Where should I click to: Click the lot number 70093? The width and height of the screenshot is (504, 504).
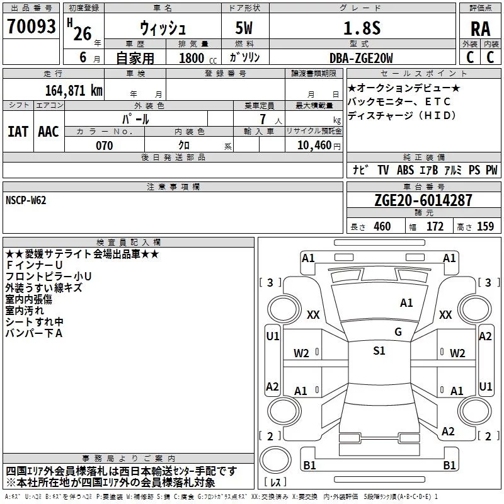coord(31,26)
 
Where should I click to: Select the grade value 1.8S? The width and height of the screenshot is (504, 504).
coord(362,28)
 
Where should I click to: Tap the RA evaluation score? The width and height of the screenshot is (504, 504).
coord(480,29)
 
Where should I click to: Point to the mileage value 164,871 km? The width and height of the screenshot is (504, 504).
coord(74,91)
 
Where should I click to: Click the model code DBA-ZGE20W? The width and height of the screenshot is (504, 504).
coord(361,58)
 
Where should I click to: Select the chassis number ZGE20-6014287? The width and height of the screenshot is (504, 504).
coord(423,200)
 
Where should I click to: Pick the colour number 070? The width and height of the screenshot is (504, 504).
coord(105,146)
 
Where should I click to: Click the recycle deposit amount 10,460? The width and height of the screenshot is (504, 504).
coord(314,145)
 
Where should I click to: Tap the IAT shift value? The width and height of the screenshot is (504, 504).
coord(18,132)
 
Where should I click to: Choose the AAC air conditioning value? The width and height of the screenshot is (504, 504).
coord(49,132)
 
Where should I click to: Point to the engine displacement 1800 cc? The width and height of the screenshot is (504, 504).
coord(198,58)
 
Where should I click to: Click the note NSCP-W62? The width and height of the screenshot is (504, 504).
coord(26,200)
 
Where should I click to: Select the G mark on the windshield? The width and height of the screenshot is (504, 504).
coord(398,332)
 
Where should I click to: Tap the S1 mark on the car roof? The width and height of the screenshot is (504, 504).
coord(379,350)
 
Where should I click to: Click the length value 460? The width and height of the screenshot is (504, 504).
coord(382,226)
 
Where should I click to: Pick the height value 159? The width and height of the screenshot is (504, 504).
coord(485,226)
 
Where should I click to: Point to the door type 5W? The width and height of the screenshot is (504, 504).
coord(244,28)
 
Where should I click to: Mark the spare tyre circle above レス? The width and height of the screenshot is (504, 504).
coord(275,461)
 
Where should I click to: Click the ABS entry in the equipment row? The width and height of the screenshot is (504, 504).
coord(405,170)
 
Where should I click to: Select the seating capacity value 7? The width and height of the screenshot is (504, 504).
coord(263,119)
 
